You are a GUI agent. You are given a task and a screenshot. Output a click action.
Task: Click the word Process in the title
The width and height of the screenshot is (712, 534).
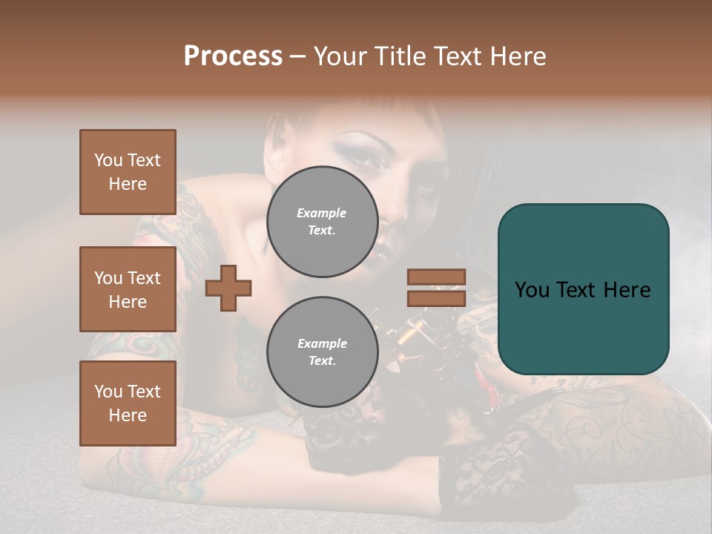click(x=233, y=56)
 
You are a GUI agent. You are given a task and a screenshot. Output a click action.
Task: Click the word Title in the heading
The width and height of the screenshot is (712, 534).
click(x=397, y=56)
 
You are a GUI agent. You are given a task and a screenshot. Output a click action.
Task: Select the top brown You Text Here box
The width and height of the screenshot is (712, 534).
click(x=128, y=172)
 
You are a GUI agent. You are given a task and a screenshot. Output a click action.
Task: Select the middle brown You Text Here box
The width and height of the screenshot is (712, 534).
click(x=128, y=289)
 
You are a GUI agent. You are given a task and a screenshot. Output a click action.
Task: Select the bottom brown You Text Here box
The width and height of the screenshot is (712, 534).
click(x=128, y=403)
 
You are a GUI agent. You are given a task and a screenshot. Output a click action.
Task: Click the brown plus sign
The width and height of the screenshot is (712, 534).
click(x=228, y=289)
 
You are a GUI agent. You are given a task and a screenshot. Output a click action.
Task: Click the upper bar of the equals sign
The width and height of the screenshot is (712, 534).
click(x=436, y=277)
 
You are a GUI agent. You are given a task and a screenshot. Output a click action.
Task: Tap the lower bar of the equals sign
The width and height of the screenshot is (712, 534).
click(x=436, y=298)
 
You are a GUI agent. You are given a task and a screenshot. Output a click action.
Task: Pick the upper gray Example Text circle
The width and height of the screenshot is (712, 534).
click(x=322, y=222)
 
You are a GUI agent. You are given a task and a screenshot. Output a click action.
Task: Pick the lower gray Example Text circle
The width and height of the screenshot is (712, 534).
click(x=322, y=352)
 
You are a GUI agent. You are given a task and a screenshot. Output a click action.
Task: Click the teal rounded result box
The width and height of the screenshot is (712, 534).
click(x=583, y=289)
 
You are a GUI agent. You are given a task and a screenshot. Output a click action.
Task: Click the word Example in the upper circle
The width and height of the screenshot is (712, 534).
click(x=322, y=214)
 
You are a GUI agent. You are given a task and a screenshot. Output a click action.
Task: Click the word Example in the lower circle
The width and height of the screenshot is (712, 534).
click(x=322, y=344)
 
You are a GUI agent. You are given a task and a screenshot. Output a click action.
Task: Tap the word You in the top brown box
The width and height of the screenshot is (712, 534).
click(x=108, y=160)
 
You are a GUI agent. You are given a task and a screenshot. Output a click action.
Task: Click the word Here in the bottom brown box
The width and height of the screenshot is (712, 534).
click(x=128, y=415)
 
